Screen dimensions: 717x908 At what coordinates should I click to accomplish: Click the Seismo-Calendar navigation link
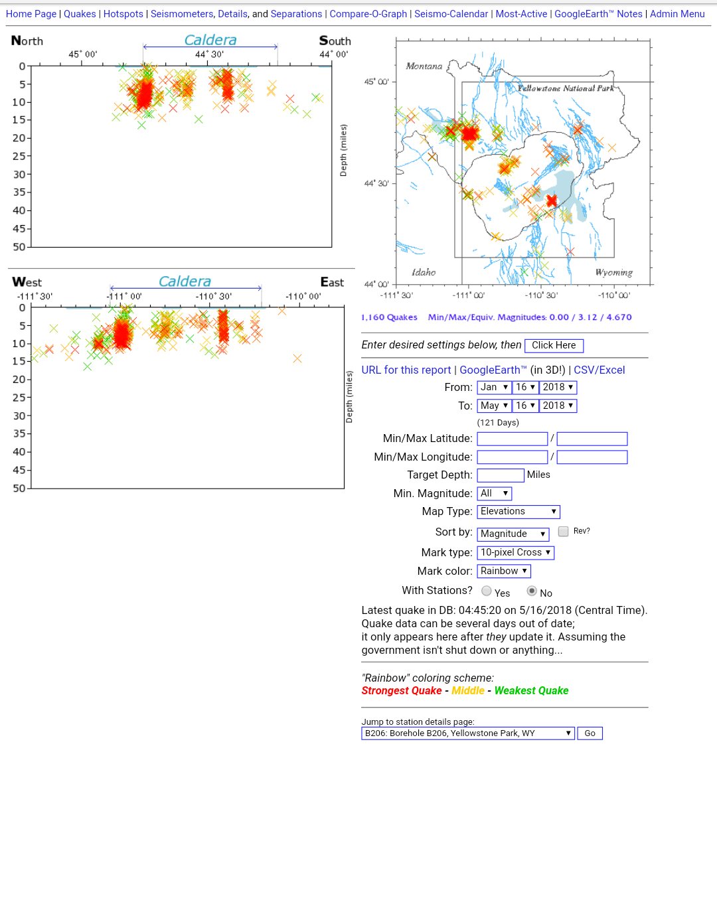(451, 14)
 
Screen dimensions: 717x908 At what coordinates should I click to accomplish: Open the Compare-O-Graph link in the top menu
(368, 14)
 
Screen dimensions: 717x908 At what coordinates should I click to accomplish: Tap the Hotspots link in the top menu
(123, 14)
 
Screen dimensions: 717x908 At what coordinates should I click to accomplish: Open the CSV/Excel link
(599, 370)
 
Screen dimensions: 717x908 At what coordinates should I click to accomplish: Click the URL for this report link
(406, 370)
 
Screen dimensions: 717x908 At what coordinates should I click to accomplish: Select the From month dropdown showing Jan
(494, 388)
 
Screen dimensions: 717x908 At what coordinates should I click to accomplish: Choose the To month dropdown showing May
(494, 406)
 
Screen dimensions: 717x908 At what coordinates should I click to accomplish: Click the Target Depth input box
(501, 475)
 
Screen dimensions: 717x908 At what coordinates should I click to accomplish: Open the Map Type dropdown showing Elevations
(518, 511)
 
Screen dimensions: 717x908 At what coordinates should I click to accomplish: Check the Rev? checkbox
(563, 531)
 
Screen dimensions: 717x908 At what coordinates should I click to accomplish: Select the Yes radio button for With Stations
(487, 591)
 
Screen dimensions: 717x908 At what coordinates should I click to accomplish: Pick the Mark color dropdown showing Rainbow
(504, 571)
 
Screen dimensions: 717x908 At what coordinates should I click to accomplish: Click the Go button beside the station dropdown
(590, 733)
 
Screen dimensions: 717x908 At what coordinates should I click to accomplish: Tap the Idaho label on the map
(424, 272)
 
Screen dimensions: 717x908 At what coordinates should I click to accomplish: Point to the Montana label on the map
(424, 66)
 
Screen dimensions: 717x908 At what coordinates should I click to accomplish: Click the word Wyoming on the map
(613, 273)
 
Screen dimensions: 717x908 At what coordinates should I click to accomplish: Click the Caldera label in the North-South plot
(210, 40)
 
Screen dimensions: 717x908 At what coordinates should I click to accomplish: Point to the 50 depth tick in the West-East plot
(19, 489)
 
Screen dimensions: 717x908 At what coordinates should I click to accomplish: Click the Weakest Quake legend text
(531, 691)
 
